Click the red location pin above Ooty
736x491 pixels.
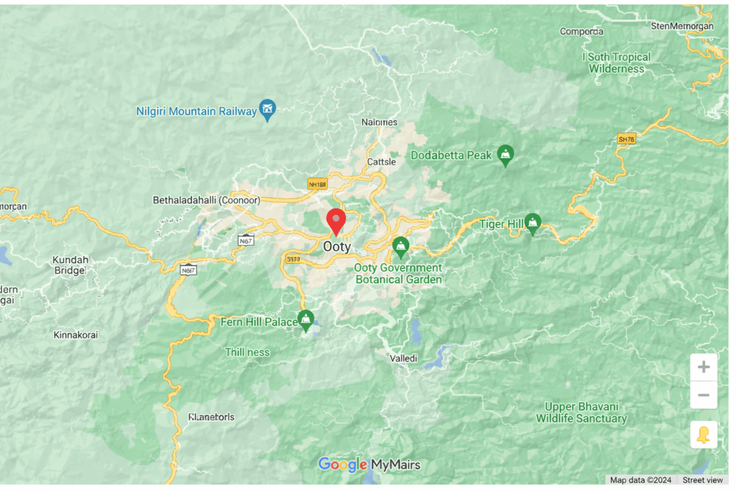(x=336, y=220)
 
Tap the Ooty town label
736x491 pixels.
(x=337, y=246)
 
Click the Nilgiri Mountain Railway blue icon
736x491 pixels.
(x=267, y=109)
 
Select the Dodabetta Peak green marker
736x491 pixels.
(x=506, y=155)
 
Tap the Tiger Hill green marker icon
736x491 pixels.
(x=533, y=224)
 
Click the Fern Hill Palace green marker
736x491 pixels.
(x=306, y=320)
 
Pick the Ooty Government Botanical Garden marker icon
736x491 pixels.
(x=400, y=247)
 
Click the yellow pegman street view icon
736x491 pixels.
(x=703, y=435)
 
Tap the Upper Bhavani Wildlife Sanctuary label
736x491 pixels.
(x=581, y=413)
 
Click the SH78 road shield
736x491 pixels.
(x=626, y=139)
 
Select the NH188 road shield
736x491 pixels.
(x=317, y=184)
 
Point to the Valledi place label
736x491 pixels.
(x=403, y=358)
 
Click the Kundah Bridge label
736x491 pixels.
(x=70, y=265)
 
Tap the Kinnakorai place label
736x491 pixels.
(x=75, y=335)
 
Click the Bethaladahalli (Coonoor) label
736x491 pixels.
(x=206, y=200)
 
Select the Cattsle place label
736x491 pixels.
(x=382, y=162)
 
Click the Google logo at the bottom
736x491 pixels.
(x=343, y=465)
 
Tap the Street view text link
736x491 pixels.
(x=702, y=480)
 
